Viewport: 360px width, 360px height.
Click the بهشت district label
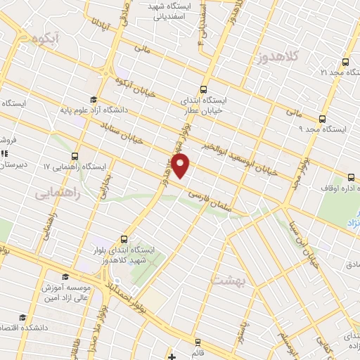tap(226, 280)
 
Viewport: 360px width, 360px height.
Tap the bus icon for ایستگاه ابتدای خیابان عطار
tap(203, 89)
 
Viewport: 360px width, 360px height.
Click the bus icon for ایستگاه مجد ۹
tap(323, 119)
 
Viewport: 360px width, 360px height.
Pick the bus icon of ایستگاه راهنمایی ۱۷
tap(75, 156)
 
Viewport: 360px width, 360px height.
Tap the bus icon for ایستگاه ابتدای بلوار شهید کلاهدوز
tap(124, 239)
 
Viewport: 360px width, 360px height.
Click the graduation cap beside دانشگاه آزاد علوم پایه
tap(93, 99)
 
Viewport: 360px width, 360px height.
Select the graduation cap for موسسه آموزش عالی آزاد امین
tap(65, 276)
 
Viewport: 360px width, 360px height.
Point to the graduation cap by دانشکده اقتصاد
tap(23, 318)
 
